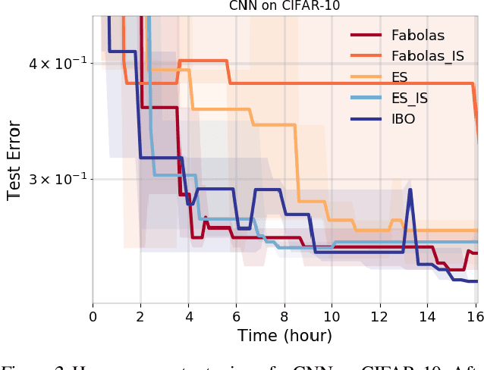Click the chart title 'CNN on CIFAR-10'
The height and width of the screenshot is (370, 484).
coord(284,7)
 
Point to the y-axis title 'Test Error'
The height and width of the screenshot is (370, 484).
coord(14,160)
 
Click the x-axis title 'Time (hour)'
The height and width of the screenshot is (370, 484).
coord(284,334)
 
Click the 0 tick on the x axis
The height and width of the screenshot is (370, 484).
coord(93,314)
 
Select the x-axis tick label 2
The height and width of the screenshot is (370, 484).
coord(140,314)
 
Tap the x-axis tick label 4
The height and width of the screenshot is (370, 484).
coord(188,314)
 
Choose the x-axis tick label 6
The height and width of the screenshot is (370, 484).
coord(236,314)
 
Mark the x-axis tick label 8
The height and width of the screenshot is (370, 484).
coord(284,314)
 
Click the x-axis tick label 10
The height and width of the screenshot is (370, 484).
coord(332,314)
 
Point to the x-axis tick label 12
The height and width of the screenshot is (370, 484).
coord(379,314)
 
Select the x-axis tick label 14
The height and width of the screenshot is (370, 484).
coord(427,314)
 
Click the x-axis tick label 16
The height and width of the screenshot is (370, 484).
coord(474,314)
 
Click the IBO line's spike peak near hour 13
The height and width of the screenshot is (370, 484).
coord(410,190)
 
